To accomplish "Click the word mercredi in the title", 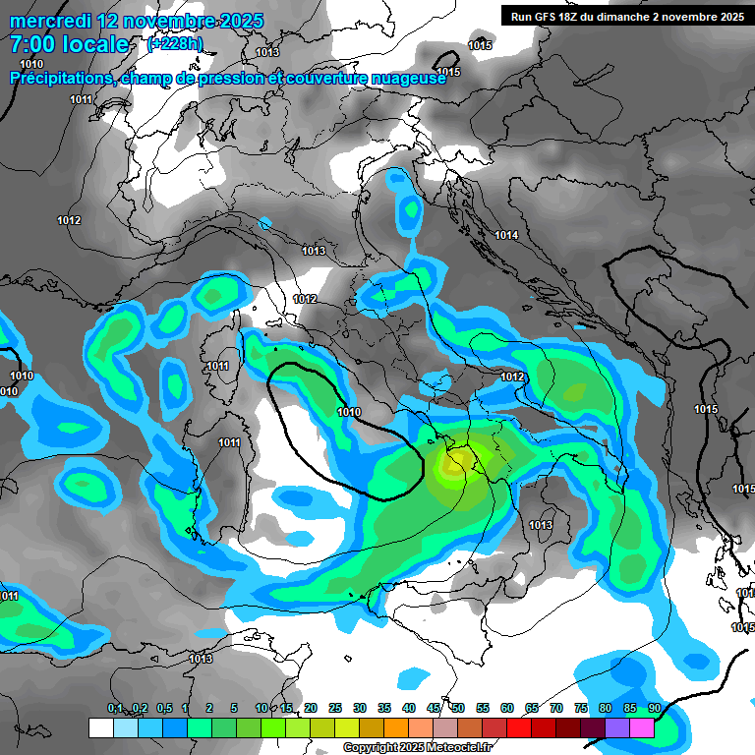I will [50, 21].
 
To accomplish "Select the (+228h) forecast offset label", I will [174, 43].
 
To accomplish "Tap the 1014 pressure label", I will [506, 235].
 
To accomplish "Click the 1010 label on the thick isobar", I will [349, 412].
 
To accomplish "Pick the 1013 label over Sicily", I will [540, 525].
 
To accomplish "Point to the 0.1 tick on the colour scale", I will [114, 708].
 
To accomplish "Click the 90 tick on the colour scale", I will [654, 708].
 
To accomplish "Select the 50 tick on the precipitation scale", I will [458, 708].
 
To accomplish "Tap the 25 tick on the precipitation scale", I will [335, 708].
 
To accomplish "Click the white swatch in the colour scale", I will [100, 727].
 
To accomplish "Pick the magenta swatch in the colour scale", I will [641, 727].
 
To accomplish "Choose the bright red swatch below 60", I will [518, 727].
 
